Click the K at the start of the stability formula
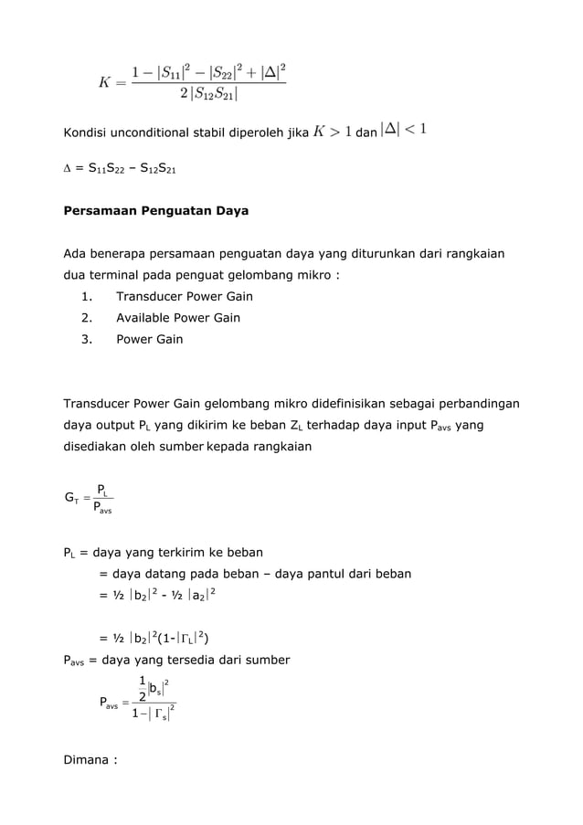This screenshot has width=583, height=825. [x=106, y=83]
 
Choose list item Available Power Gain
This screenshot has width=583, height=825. [x=178, y=318]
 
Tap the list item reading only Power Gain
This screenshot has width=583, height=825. [x=149, y=339]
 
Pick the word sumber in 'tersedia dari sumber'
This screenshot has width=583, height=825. [x=264, y=660]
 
